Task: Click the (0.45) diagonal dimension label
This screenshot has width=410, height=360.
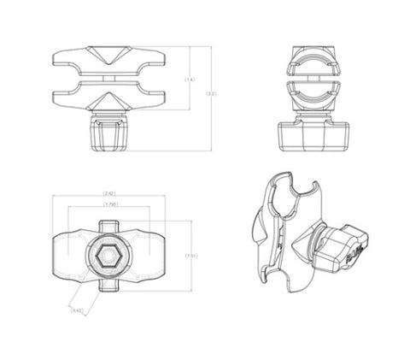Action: [x=77, y=310]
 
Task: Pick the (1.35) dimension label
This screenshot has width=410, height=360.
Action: [x=191, y=255]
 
